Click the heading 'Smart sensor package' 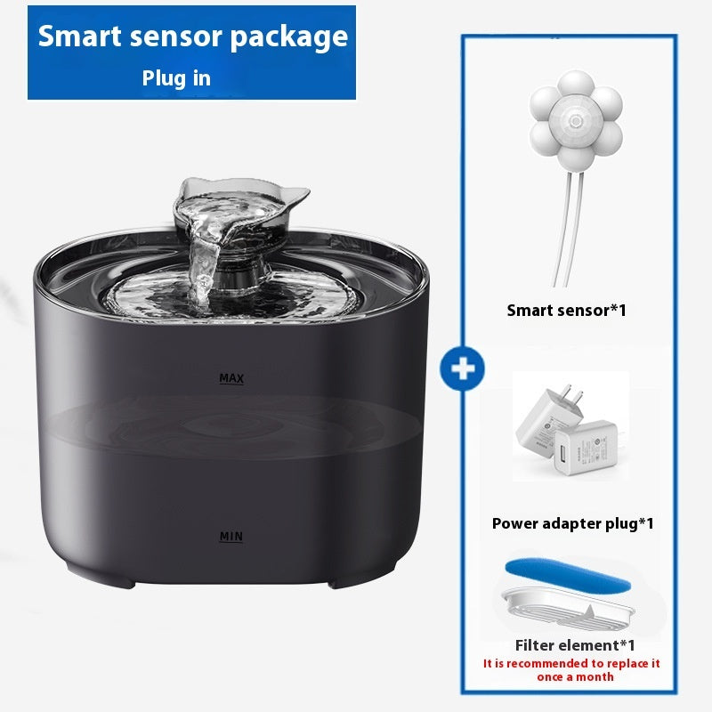point(192,37)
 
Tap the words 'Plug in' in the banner point(176,78)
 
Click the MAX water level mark point(231,379)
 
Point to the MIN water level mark point(231,537)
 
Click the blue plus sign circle point(462,369)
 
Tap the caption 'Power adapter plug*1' point(572,523)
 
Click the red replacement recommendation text point(572,670)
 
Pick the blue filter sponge point(568,577)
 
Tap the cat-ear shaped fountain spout point(242,200)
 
